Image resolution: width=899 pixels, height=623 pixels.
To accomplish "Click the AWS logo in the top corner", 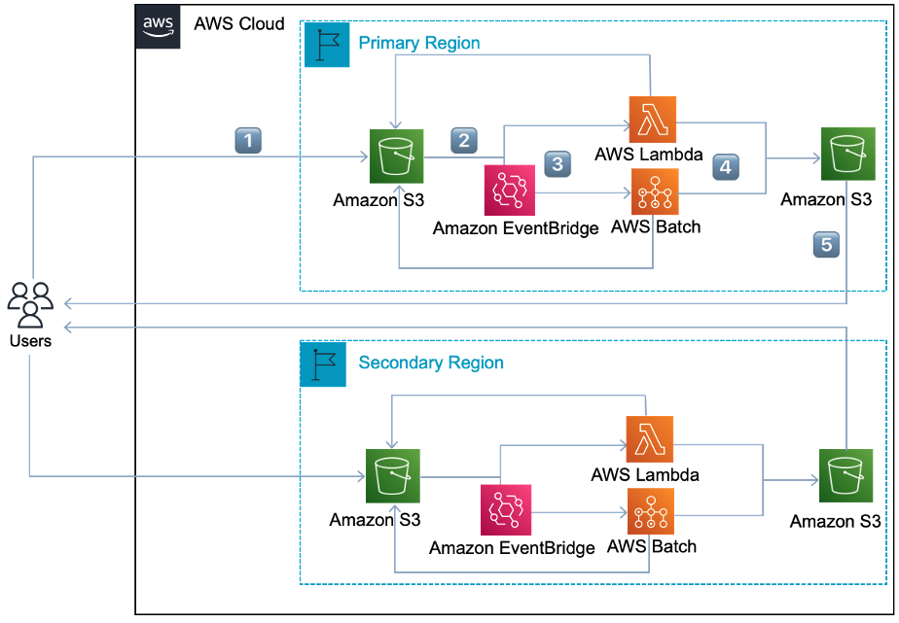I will tap(158, 24).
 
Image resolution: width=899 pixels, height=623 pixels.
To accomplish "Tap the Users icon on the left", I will tap(31, 304).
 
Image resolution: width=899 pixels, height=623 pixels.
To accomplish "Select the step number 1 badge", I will tap(249, 141).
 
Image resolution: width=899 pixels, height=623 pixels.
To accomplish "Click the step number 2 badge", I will tap(464, 141).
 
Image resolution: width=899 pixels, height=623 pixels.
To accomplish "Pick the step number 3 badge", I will tap(557, 163).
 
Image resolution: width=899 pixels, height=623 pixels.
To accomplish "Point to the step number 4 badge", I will tap(725, 166).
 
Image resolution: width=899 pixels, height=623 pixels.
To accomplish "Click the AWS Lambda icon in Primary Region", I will tap(652, 121).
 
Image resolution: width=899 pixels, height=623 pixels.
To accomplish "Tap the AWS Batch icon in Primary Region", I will tap(654, 191).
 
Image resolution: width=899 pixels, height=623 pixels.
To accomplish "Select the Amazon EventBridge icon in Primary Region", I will tap(510, 190).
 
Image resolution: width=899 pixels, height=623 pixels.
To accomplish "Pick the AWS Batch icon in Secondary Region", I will tap(651, 510).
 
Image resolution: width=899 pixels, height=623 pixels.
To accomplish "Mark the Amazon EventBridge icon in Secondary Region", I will tap(506, 510).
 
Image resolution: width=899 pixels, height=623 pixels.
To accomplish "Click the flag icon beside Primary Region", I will tap(327, 45).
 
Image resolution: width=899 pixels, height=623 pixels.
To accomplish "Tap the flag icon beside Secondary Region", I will tap(323, 363).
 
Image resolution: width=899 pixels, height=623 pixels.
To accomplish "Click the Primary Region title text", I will tap(419, 44).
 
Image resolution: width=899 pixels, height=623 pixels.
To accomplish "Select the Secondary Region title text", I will tap(431, 363).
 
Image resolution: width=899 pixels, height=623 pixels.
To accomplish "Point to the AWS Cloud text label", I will tap(239, 23).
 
